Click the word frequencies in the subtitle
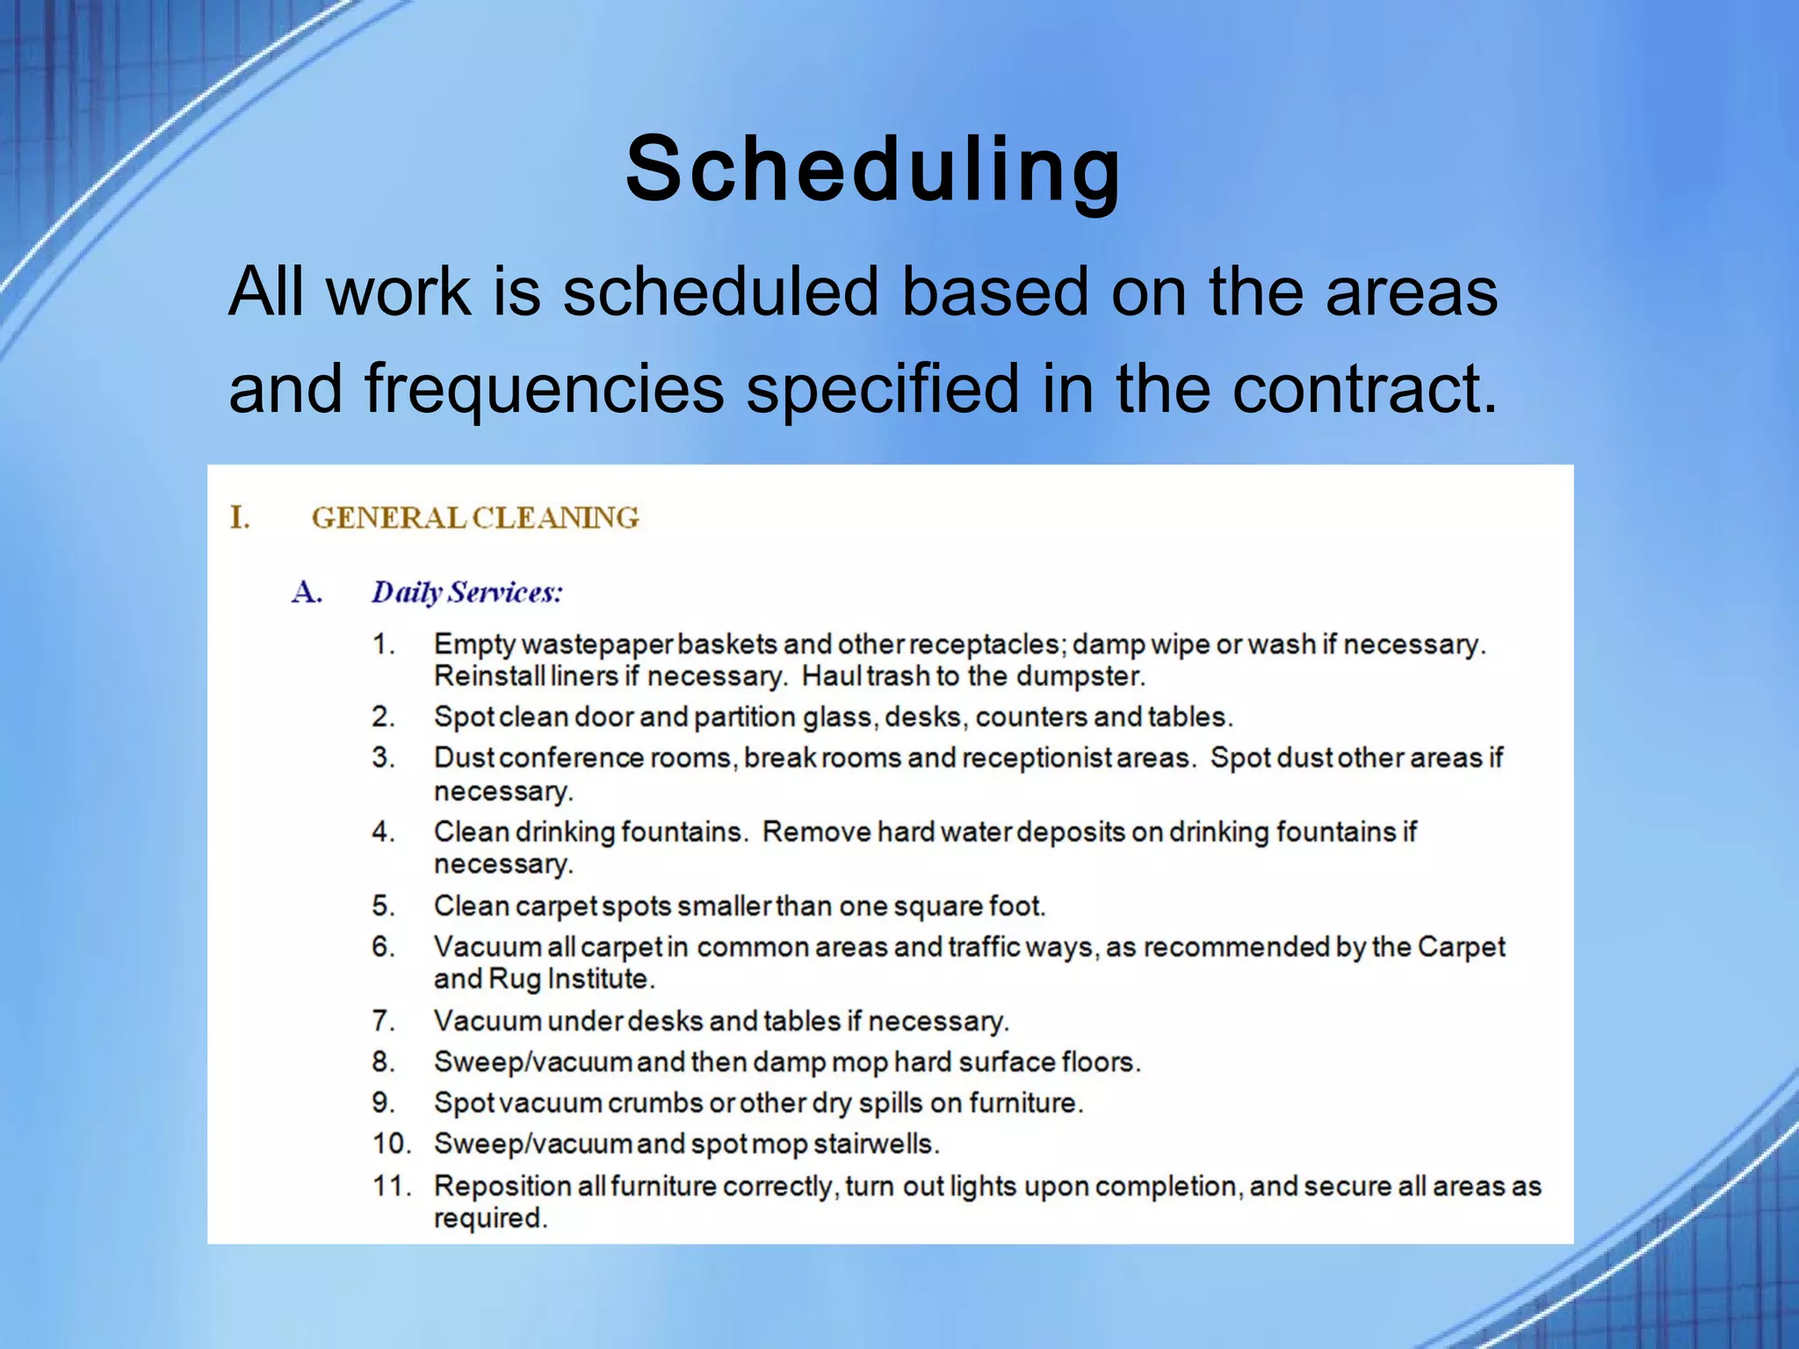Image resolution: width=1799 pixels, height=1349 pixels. click(544, 388)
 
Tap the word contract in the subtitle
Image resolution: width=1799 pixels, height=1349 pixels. click(1353, 388)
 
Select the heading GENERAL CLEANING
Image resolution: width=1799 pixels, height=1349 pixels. click(475, 517)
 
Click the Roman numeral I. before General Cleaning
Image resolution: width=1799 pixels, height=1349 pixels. click(240, 517)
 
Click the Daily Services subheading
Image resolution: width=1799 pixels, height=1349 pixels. click(466, 593)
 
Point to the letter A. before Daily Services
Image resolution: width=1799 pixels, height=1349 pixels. click(307, 593)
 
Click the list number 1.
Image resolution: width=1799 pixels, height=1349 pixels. click(382, 644)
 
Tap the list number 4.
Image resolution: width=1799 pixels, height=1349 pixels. click(382, 831)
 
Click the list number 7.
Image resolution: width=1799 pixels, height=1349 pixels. click(382, 1021)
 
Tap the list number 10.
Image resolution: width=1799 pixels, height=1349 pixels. click(391, 1143)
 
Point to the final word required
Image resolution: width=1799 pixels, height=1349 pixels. click(490, 1219)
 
